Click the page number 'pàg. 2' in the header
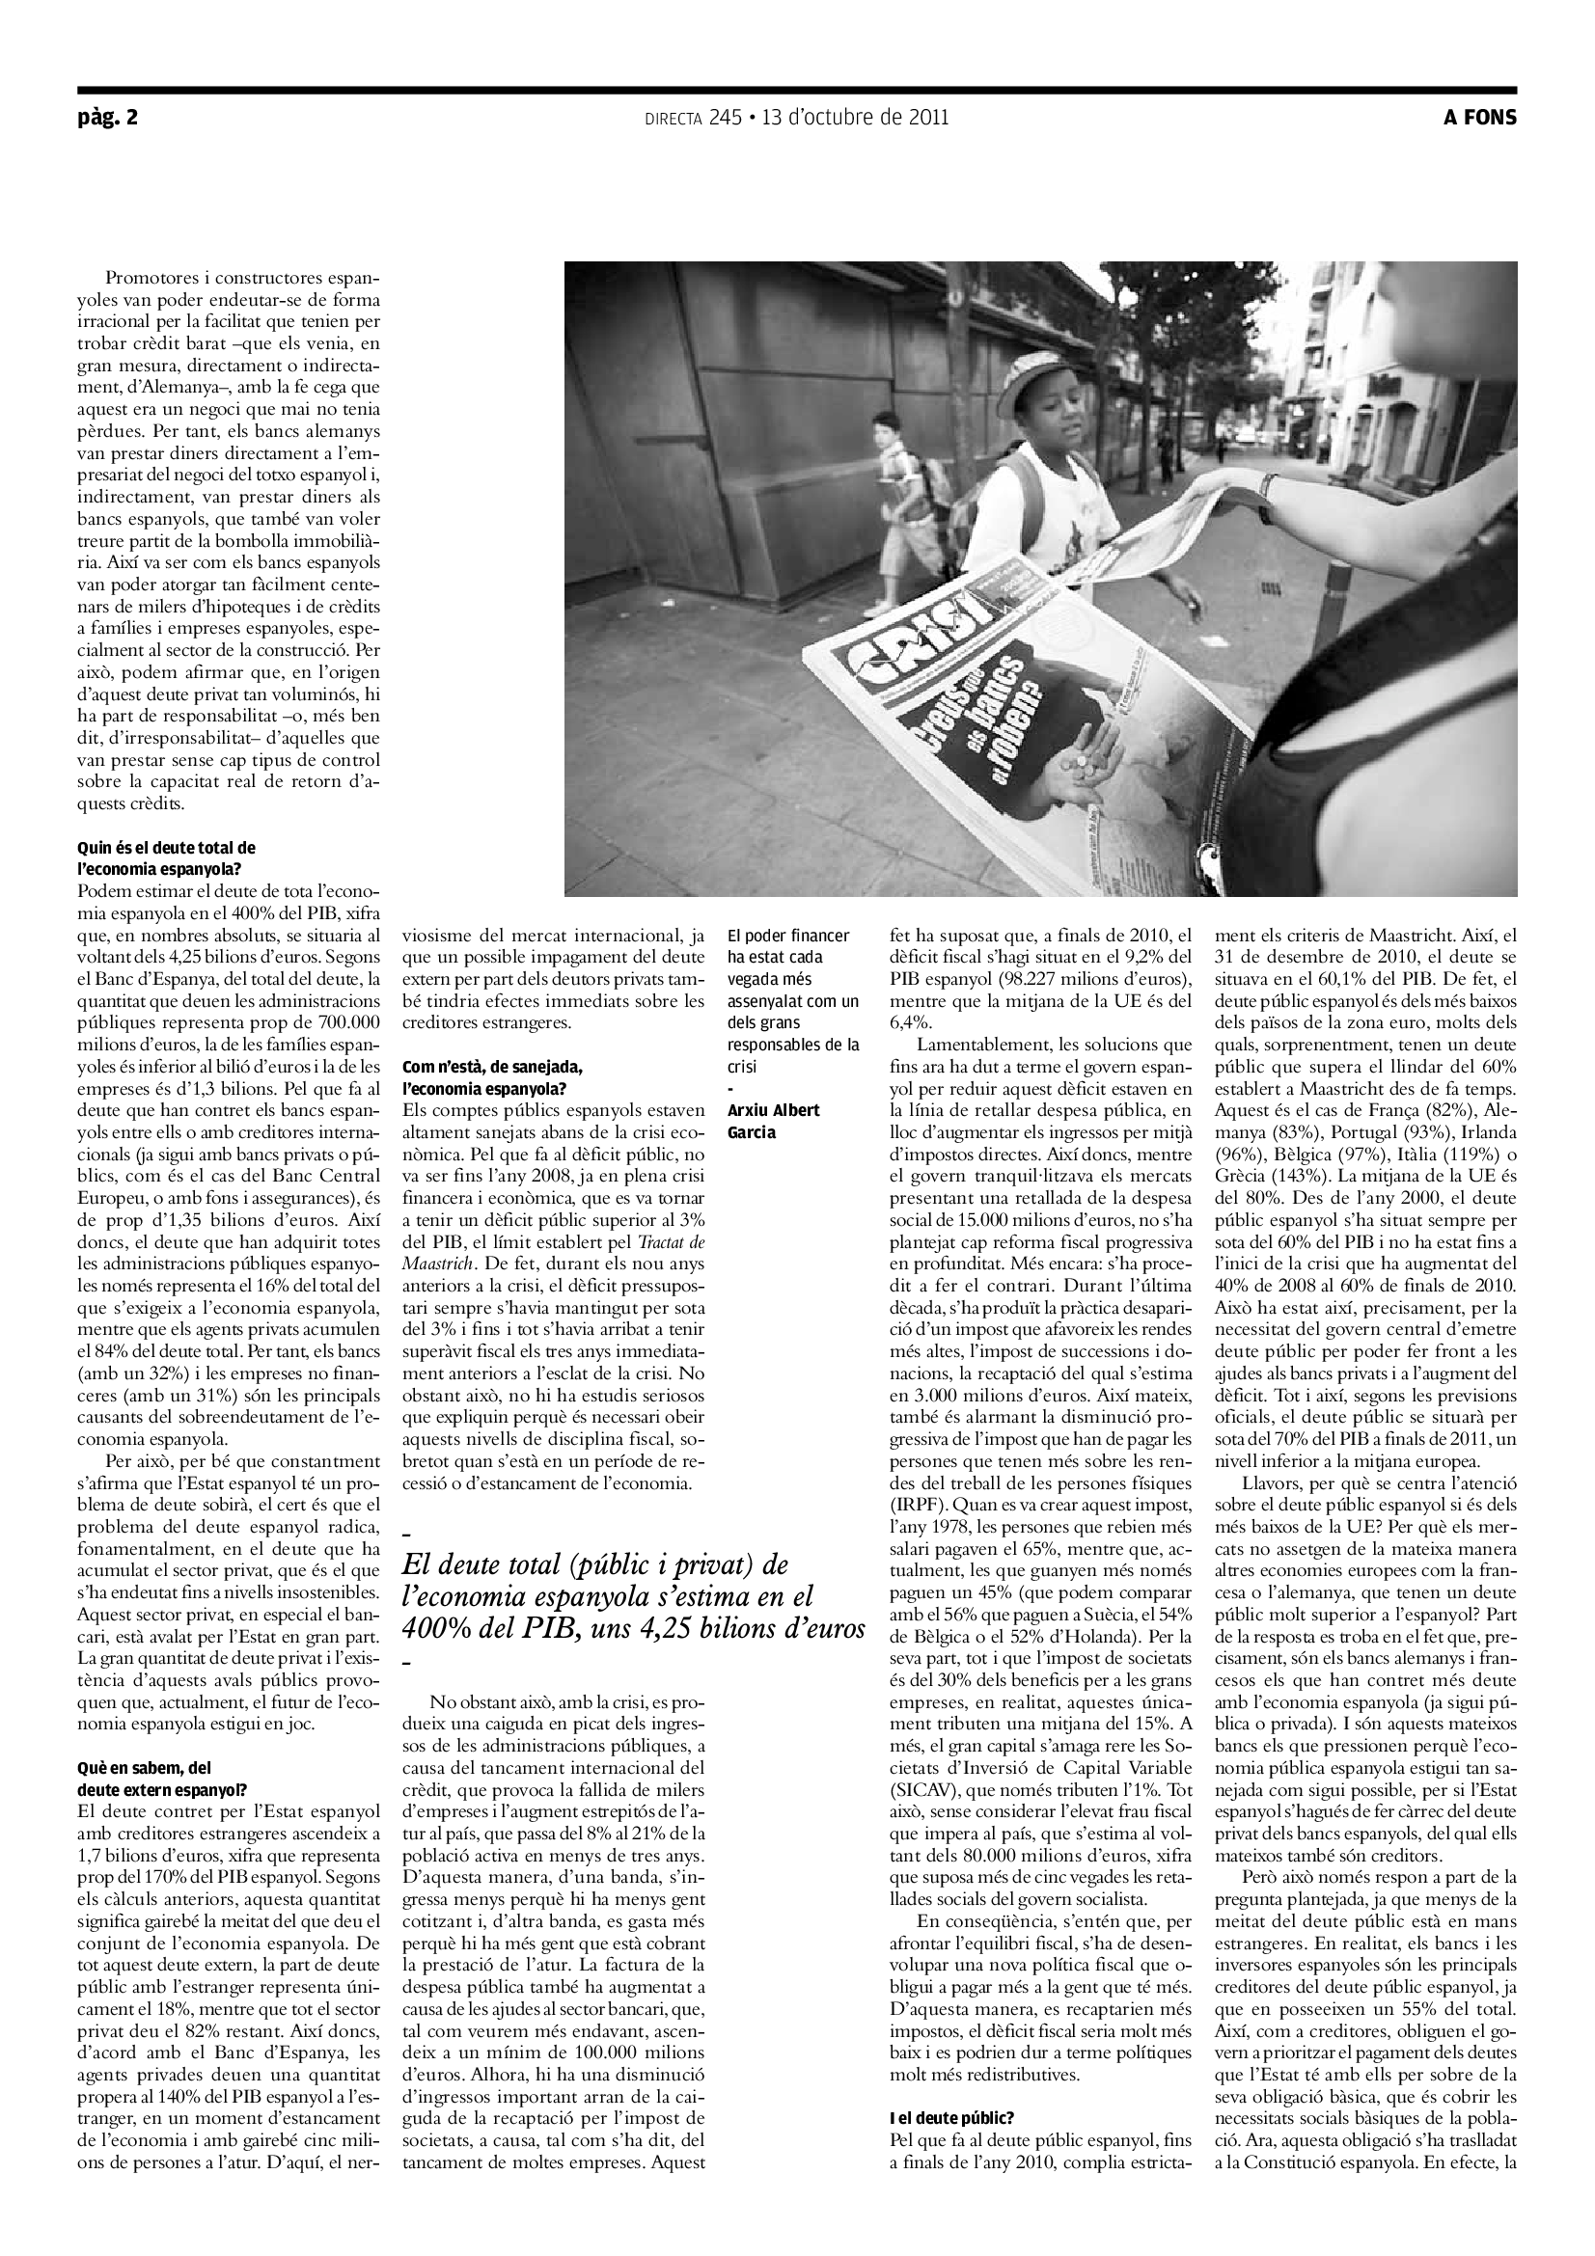point(108,118)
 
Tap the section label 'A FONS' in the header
point(1479,118)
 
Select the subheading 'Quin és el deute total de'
point(166,847)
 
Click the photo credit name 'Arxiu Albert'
point(773,1110)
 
